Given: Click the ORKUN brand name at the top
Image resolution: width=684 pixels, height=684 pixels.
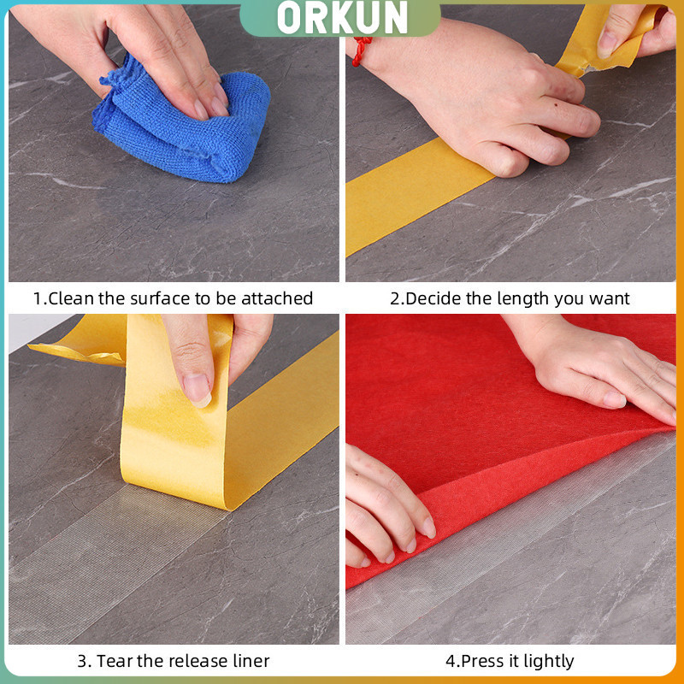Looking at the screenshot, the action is coord(342,17).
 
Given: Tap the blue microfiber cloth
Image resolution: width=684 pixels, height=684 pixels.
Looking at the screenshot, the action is coord(181,127).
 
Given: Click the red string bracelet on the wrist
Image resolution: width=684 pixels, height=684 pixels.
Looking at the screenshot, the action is coord(361,50).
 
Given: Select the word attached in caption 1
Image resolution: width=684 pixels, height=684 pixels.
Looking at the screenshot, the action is coord(277,298).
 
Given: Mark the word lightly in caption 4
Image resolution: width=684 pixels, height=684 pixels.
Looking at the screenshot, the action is coord(549,662).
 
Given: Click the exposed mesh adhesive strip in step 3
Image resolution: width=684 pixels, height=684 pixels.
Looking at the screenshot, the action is coord(109,563).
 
